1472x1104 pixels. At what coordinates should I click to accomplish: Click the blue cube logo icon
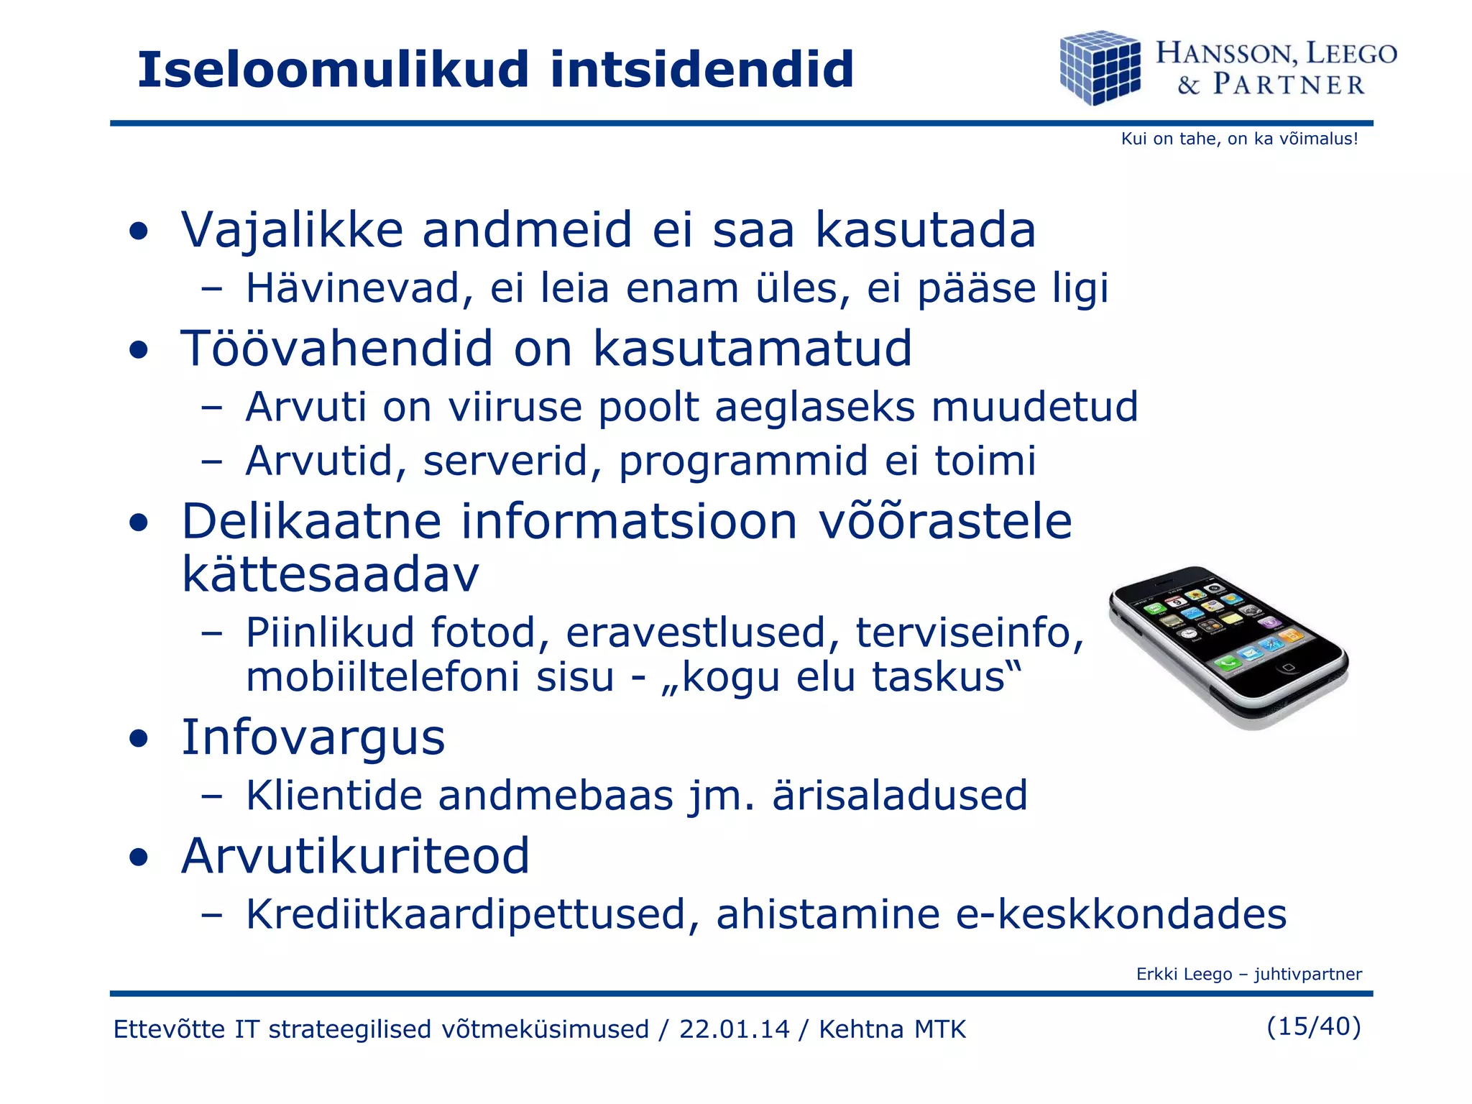(x=1100, y=68)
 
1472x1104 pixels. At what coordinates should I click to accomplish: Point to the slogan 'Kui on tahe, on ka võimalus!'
(x=1239, y=139)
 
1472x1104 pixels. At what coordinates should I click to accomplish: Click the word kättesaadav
(x=330, y=576)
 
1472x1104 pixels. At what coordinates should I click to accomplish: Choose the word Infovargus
(x=313, y=738)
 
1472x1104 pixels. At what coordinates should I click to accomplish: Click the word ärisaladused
(x=899, y=796)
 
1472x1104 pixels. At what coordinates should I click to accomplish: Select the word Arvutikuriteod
(x=355, y=857)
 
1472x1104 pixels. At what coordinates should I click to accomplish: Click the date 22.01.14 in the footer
(x=734, y=1029)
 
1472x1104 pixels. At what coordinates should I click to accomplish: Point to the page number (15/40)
(x=1313, y=1026)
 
